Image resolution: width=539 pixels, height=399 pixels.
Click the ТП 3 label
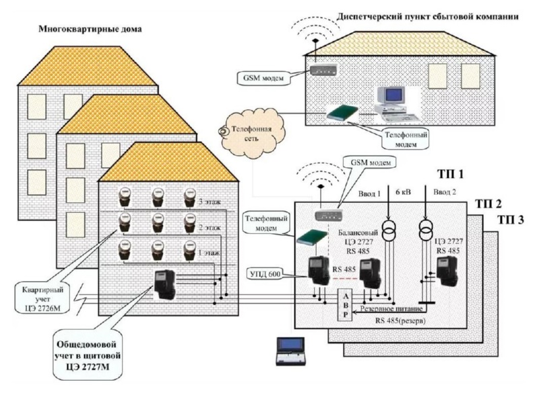click(511, 219)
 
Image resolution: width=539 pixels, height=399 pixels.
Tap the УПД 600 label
click(267, 274)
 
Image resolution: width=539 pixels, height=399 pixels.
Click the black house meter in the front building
click(164, 284)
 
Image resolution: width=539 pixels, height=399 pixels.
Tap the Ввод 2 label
click(445, 192)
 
